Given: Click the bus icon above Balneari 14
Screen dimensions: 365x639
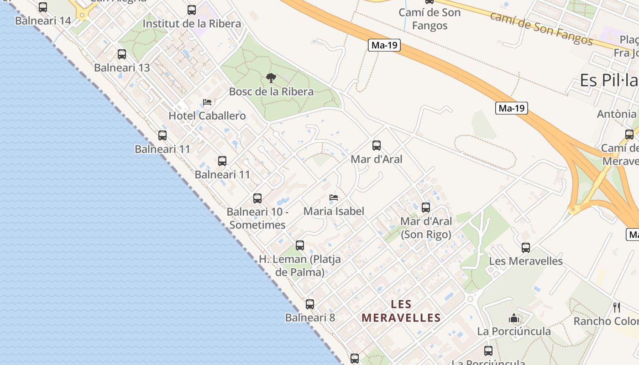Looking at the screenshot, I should pos(43,7).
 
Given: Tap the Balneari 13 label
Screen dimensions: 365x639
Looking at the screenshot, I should pos(122,68).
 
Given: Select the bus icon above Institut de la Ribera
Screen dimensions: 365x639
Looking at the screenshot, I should pos(192,10).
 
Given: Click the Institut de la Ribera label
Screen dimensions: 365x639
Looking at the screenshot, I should pos(192,24).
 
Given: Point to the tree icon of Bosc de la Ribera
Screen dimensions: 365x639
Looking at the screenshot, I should pos(271,78).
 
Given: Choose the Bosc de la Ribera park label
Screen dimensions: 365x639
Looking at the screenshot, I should pos(271,92).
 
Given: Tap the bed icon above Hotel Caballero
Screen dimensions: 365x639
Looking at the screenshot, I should pos(207,102).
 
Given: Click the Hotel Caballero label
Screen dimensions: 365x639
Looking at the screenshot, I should pos(207,116).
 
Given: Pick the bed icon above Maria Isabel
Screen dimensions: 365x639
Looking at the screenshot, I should pos(334,198).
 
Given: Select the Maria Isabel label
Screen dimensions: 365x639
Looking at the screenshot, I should pos(334,211).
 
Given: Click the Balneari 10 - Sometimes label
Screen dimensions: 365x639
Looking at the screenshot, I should pos(257,219).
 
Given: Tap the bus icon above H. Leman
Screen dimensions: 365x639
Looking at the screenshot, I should pos(300,245).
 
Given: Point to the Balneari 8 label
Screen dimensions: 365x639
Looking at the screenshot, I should pos(310,318).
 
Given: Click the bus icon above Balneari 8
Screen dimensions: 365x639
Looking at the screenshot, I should pos(310,304).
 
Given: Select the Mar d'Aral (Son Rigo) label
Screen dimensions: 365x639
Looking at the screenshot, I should pos(426,228).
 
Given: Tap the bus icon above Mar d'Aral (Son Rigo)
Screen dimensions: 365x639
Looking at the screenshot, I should pos(426,208).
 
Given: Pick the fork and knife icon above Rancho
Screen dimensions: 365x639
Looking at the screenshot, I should pos(617,308).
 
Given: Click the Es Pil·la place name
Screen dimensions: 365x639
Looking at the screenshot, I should pos(609,81).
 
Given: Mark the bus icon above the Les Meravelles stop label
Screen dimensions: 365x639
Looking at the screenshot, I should pos(526,248).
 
